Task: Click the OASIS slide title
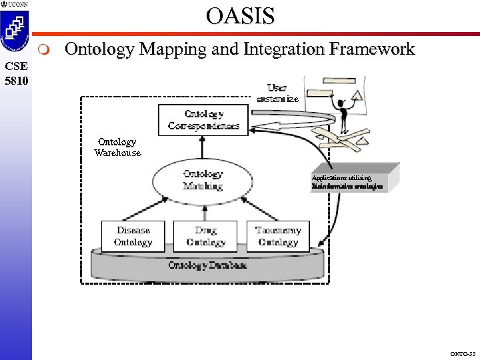pos(240,15)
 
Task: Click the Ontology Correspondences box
pos(203,120)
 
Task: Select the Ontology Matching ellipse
pos(203,180)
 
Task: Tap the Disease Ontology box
pos(133,237)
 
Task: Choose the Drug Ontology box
pos(205,237)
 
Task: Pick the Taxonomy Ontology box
pos(278,237)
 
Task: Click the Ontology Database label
pos(207,265)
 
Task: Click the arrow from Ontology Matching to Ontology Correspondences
pos(203,147)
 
